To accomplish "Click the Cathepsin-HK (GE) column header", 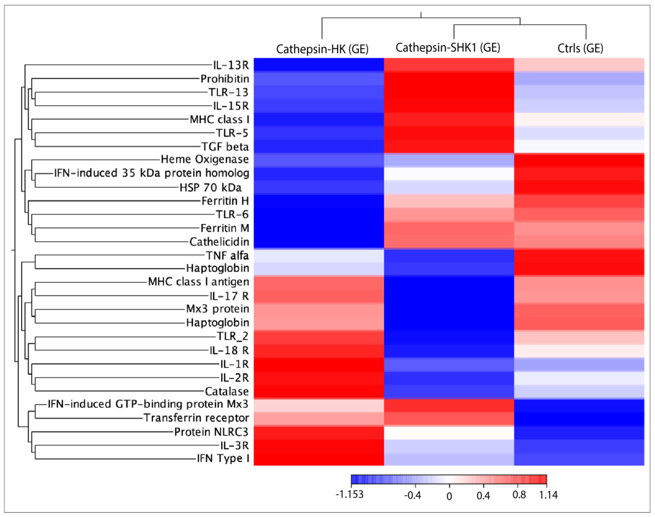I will pos(322,49).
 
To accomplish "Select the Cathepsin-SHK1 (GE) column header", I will pos(448,48).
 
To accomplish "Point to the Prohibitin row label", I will pos(225,79).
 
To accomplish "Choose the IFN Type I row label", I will pos(223,458).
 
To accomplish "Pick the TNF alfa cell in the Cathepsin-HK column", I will pos(319,255).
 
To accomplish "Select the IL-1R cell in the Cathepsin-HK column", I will pos(319,364).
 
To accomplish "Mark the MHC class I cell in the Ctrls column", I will pos(579,119).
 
